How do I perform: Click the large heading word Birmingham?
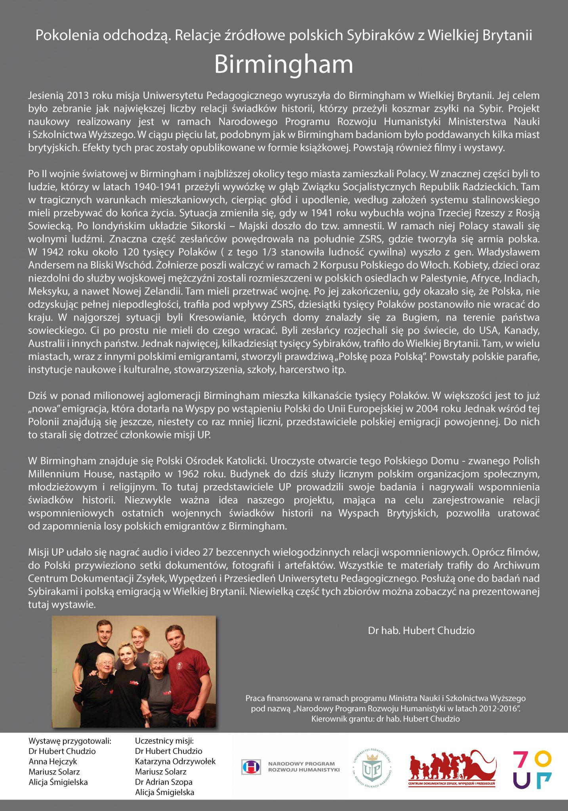click(x=284, y=64)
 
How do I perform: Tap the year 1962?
click(x=188, y=474)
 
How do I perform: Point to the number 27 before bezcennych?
click(x=208, y=552)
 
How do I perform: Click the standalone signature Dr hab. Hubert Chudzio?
click(x=421, y=630)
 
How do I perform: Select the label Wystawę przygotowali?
click(x=70, y=741)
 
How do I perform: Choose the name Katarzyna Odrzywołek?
click(x=175, y=762)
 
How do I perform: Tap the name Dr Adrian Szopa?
click(x=164, y=782)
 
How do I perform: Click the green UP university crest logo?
click(x=372, y=768)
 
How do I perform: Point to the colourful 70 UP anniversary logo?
click(x=532, y=769)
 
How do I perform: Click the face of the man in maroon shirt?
click(x=174, y=638)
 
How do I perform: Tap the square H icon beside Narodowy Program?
click(x=251, y=767)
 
